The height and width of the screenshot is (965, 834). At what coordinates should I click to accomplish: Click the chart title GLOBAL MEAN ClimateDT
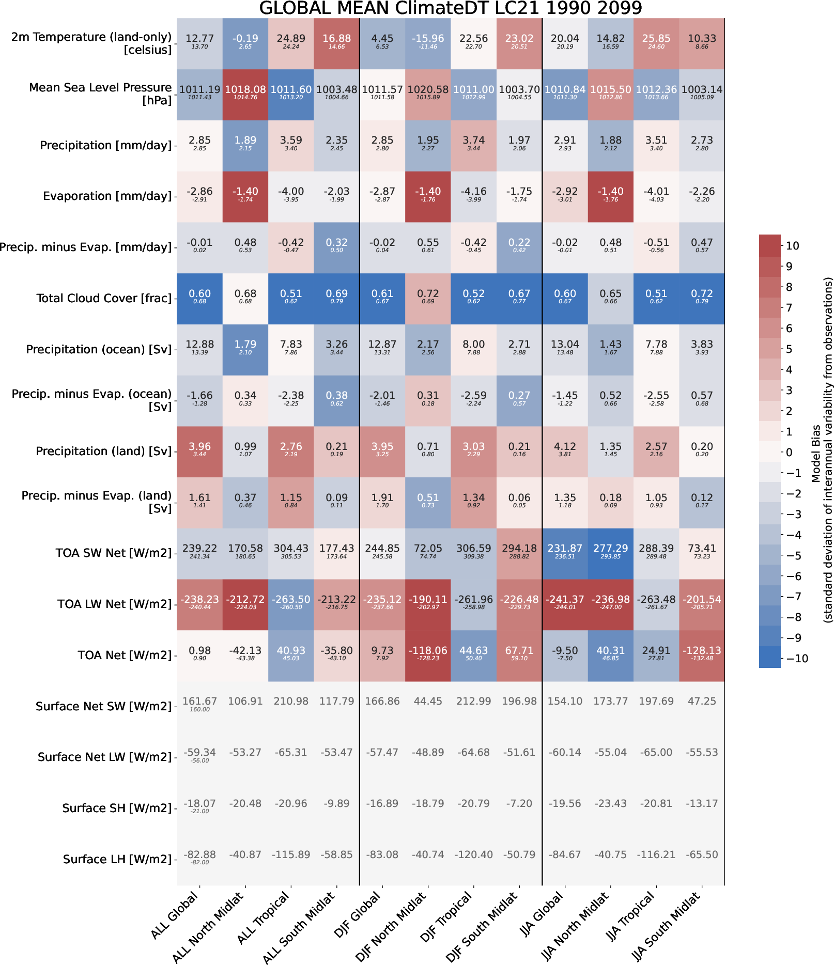pos(450,8)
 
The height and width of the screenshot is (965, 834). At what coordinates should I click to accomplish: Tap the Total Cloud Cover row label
pos(104,298)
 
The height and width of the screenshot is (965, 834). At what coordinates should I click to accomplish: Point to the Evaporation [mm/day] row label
pos(107,196)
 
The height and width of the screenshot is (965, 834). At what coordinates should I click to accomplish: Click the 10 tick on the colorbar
pos(792,246)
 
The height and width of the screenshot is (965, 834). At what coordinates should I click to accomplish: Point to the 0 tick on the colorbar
pos(789,452)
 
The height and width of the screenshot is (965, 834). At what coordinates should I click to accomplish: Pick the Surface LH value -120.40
pos(473,854)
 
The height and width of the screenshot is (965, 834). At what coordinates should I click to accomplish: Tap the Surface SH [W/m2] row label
pos(117,808)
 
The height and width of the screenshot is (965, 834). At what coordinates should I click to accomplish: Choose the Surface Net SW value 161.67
pos(199,702)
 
